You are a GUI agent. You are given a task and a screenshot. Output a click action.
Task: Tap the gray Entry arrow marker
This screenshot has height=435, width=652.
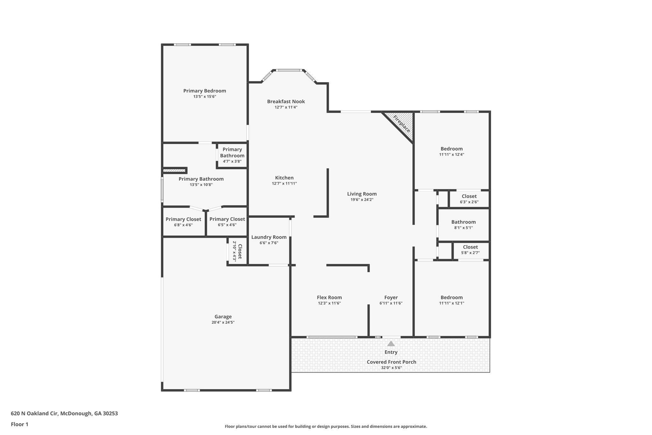(391, 344)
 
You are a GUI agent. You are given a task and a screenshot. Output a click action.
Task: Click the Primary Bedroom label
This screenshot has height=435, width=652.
(204, 91)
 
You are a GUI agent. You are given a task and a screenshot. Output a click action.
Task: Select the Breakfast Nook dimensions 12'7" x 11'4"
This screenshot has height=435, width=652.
(286, 107)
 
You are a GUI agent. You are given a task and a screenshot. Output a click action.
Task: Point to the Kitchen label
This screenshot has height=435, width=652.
(284, 178)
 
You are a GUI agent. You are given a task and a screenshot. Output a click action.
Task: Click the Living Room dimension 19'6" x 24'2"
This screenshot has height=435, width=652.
(362, 200)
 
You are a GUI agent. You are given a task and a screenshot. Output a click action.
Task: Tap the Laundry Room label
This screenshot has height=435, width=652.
(269, 237)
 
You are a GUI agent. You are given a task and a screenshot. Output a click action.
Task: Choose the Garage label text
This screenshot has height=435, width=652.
(223, 316)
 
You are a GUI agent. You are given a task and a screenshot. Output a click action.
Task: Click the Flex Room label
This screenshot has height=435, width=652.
(329, 297)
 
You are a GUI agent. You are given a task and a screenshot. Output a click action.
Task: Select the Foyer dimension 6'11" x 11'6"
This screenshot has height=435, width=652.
(391, 303)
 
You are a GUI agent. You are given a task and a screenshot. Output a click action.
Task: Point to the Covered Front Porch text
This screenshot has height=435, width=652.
(391, 362)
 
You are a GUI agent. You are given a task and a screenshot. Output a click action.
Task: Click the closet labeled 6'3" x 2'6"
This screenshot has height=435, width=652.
(469, 199)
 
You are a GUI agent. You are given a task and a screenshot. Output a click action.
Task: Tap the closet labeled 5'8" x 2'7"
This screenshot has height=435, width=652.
(470, 250)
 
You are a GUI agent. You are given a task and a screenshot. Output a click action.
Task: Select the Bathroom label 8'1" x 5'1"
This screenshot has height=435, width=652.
(463, 224)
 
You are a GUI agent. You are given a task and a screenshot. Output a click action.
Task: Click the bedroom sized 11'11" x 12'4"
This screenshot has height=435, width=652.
(451, 151)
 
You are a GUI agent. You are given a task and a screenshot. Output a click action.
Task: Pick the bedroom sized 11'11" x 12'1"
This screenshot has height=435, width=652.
(451, 300)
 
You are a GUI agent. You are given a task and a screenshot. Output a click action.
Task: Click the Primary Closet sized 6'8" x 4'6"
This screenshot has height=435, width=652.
(183, 222)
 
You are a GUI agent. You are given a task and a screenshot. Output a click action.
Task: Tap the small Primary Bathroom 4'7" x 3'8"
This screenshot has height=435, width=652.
(232, 155)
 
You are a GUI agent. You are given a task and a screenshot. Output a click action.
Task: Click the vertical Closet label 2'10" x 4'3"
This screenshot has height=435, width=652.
(237, 251)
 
